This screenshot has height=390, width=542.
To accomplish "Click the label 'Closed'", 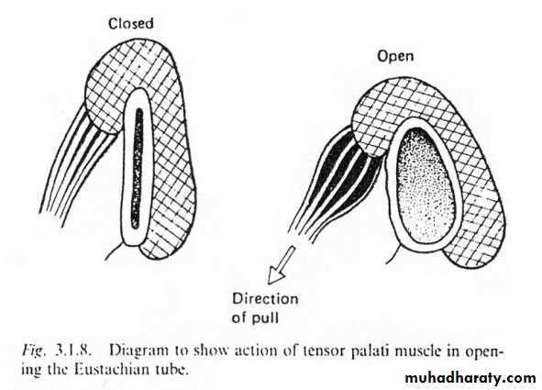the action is point(130,24).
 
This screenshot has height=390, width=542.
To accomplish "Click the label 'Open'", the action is point(395,56).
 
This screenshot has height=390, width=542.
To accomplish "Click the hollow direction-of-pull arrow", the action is point(281,265).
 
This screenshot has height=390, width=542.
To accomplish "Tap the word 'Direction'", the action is point(265,299).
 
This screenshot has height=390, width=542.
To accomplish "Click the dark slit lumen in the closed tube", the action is point(138,168).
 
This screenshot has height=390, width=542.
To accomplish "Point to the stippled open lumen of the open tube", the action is point(426,185).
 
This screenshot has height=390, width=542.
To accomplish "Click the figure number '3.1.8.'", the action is point(73,351).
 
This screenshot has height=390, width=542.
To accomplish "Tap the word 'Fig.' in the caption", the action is point(34,351).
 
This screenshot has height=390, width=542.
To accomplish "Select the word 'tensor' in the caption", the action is point(324,351).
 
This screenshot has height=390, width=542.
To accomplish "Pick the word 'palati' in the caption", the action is point(370,351).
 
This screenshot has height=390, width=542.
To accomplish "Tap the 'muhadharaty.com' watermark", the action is point(470,378).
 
